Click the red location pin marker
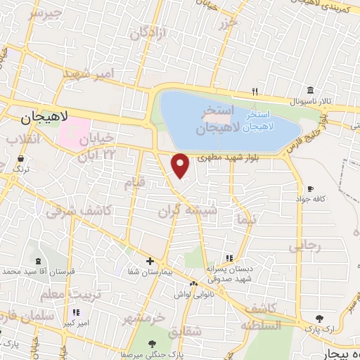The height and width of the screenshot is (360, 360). [x=181, y=166]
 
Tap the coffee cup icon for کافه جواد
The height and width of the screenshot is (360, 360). [x=310, y=189]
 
